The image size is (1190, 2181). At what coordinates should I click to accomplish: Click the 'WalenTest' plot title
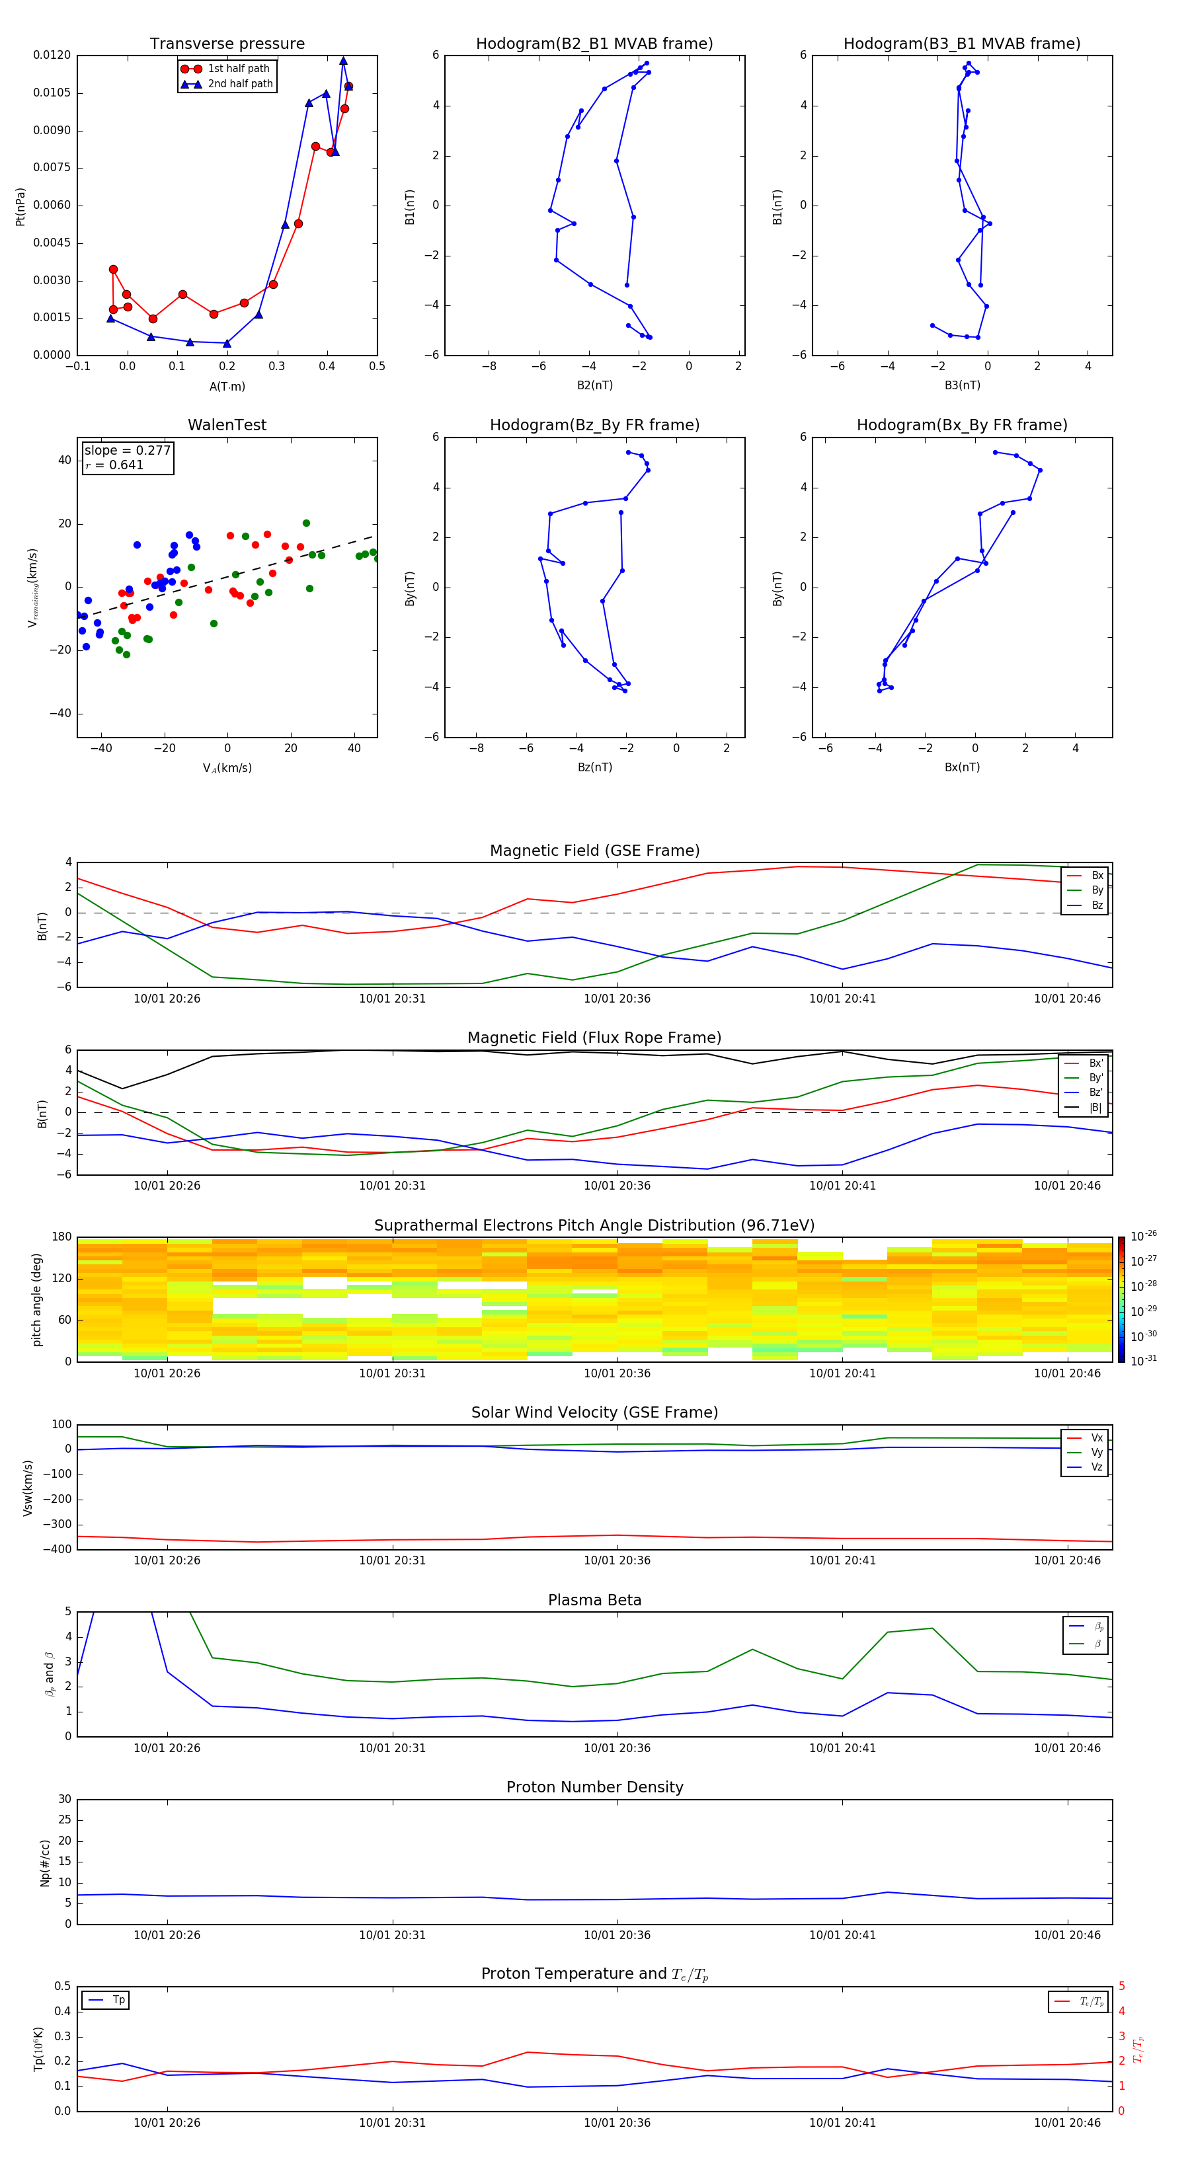227,425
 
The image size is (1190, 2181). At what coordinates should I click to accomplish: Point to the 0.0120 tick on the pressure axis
52,55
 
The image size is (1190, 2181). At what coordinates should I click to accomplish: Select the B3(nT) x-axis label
962,385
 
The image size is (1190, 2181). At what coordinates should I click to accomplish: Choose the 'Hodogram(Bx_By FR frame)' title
961,425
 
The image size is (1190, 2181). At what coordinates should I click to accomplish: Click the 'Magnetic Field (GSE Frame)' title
594,851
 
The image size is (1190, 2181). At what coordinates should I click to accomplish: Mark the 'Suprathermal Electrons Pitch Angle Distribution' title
594,1225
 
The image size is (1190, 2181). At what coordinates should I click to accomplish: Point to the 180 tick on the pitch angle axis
62,1237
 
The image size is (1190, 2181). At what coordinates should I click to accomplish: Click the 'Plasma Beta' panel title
594,1600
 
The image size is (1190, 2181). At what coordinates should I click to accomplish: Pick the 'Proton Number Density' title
594,1787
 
